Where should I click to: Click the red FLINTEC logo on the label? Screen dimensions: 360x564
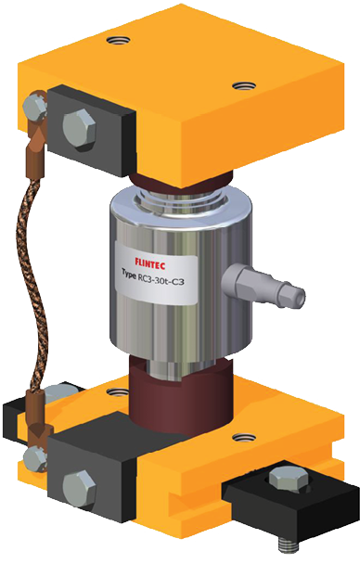point(150,263)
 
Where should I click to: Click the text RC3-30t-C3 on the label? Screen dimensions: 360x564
point(161,279)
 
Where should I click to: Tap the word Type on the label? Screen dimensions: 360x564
point(128,273)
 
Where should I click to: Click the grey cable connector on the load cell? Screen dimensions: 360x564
point(264,286)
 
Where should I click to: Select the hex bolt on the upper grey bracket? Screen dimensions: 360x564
point(80,127)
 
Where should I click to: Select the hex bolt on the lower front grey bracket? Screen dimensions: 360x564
point(80,489)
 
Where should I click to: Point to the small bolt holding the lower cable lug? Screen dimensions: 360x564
point(34,458)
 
